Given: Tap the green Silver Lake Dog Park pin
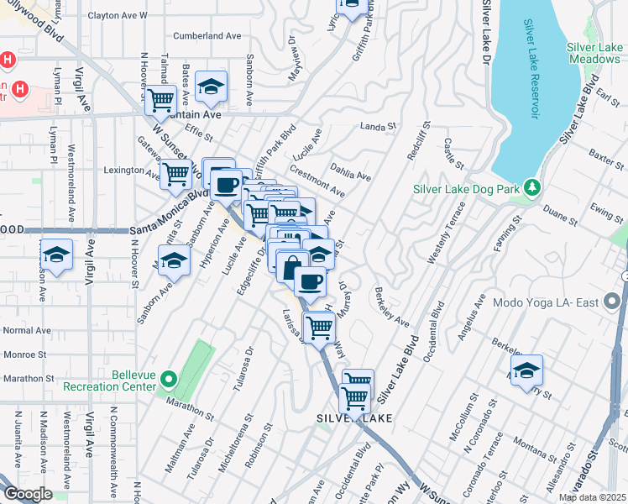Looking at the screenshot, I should coord(531,188).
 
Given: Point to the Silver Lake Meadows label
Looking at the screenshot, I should coord(594,53).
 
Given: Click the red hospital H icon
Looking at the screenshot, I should coord(8,61).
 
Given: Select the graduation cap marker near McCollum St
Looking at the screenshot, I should coord(526,370).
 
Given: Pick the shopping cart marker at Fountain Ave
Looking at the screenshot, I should coord(160,99).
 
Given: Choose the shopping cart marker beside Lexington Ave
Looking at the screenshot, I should coord(176,174).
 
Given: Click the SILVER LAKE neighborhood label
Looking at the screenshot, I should coord(351,417).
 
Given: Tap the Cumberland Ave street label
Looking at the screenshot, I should coord(207,36).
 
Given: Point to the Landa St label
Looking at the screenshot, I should coord(377,127).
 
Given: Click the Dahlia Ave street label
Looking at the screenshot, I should coord(351,171).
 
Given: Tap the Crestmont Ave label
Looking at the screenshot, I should coord(319,186).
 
